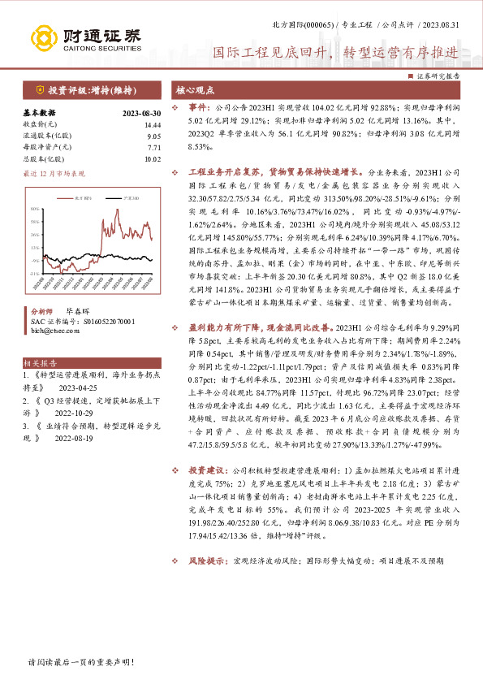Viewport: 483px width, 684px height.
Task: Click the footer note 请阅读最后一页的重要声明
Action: [x=80, y=662]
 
